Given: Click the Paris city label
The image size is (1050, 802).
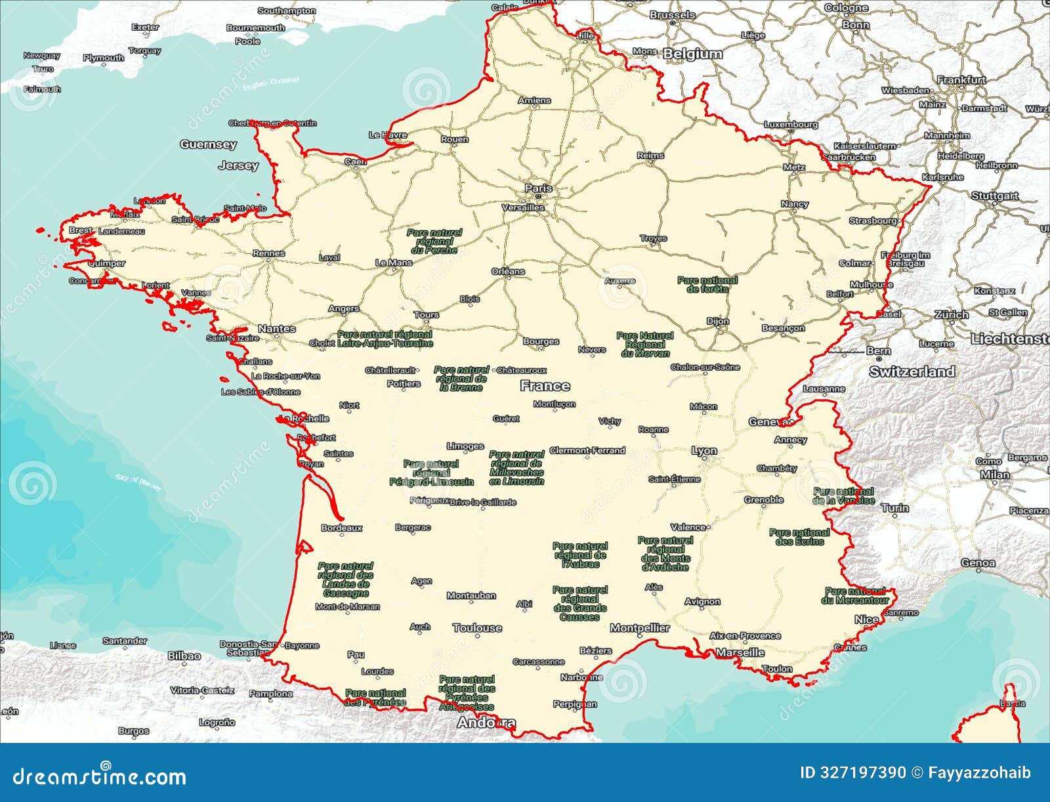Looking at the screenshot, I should (x=538, y=188).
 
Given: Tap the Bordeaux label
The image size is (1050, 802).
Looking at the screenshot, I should (x=341, y=528).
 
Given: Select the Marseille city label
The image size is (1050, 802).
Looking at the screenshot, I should (x=740, y=652).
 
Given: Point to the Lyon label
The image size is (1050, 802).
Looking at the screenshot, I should (x=704, y=451).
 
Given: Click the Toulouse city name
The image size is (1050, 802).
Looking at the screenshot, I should (x=477, y=628).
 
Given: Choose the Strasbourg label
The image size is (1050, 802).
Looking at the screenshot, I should (x=873, y=221).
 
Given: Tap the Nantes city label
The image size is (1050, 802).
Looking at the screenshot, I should (x=276, y=328).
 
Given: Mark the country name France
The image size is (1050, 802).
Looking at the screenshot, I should (x=545, y=386).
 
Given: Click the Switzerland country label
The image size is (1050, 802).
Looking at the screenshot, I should (x=912, y=371).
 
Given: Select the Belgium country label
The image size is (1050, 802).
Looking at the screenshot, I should (x=692, y=54).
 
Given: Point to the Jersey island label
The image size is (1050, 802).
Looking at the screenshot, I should (x=238, y=165).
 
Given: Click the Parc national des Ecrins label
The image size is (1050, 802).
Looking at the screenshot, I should (x=799, y=537).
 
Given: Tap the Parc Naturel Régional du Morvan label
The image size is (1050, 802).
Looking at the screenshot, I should (x=645, y=344).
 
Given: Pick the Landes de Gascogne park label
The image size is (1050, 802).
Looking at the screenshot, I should (x=345, y=580).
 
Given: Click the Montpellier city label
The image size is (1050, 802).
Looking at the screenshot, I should (x=640, y=628).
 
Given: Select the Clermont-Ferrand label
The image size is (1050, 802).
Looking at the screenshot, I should (x=587, y=450).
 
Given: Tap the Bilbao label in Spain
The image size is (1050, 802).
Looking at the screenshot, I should (x=184, y=656).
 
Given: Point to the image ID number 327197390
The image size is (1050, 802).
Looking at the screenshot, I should (x=864, y=772).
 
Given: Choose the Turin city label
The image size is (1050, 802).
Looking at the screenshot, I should (x=895, y=508).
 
